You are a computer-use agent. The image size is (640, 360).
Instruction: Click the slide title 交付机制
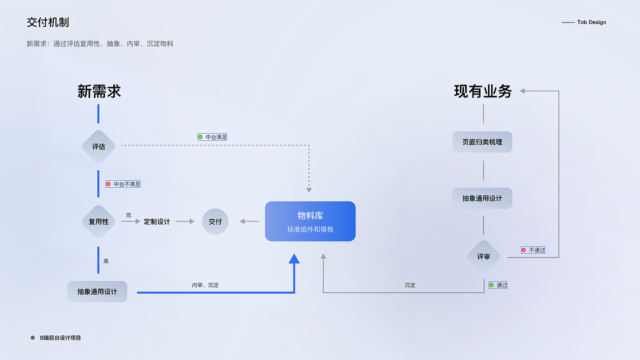(x=48, y=22)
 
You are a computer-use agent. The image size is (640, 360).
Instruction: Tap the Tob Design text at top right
(x=591, y=22)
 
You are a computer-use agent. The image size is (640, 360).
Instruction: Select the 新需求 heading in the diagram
(x=99, y=91)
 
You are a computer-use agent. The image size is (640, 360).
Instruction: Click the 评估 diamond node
(x=98, y=147)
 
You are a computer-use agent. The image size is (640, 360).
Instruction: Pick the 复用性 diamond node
(x=98, y=221)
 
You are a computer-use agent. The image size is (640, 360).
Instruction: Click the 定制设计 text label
(x=157, y=221)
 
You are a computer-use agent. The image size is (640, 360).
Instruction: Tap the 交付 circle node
(x=215, y=221)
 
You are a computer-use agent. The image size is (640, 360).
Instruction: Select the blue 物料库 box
(x=310, y=221)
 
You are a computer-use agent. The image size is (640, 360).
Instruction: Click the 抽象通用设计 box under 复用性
(x=97, y=291)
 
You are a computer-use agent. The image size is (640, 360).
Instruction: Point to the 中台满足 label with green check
(x=212, y=136)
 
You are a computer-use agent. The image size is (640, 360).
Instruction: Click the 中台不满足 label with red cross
(x=123, y=184)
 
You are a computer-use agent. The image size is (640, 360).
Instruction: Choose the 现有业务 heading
(x=483, y=91)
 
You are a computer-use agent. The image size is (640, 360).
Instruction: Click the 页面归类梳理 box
(x=482, y=142)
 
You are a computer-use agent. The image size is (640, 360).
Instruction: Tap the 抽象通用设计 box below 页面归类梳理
(x=482, y=198)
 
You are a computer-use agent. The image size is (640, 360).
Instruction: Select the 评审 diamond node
(x=483, y=256)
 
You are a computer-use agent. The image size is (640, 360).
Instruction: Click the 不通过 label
(x=533, y=250)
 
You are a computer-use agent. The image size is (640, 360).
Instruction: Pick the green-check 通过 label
(x=498, y=285)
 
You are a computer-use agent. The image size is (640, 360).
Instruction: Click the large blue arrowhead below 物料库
(x=294, y=259)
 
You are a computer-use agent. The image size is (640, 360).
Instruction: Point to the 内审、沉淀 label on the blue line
(x=205, y=285)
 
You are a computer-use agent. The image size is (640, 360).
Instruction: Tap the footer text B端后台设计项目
(x=60, y=338)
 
